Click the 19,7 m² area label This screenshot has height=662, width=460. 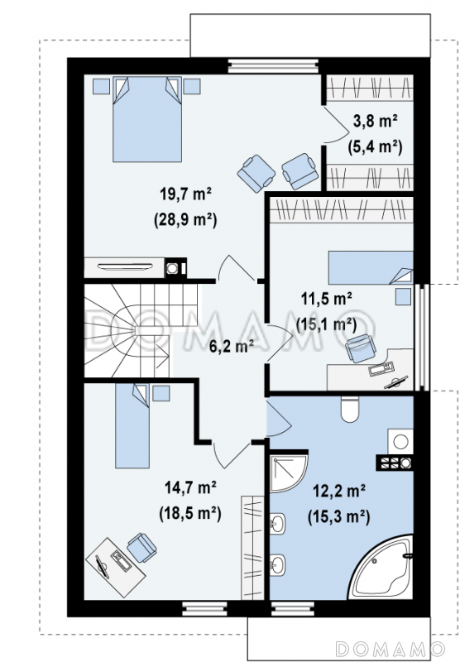click(185, 194)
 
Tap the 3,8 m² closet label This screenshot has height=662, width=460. click(375, 122)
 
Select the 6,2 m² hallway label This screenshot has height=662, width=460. click(232, 346)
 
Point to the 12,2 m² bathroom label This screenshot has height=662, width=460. click(339, 491)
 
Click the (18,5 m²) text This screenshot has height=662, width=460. click(190, 513)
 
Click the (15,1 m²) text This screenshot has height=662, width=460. click(326, 324)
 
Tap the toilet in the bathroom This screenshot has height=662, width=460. click(349, 409)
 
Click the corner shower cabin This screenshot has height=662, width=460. click(287, 473)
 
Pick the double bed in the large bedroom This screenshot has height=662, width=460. click(147, 119)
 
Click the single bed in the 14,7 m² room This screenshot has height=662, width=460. click(132, 425)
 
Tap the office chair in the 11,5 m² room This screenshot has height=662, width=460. click(360, 348)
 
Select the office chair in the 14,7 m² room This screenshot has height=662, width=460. click(141, 548)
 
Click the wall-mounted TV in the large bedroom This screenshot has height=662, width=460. click(124, 266)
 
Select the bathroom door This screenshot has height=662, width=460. click(278, 419)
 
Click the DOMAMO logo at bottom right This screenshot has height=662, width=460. click(390, 648)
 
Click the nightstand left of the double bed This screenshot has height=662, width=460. click(101, 86)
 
